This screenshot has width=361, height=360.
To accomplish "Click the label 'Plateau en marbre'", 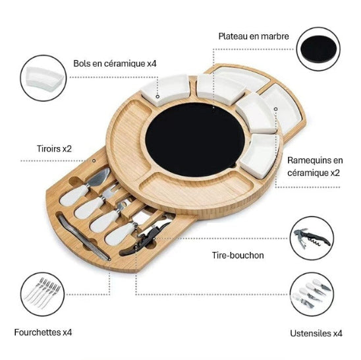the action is tap(254, 36).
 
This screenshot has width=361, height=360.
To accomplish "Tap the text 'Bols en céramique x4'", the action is tap(115, 63).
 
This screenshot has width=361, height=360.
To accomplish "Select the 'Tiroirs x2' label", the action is tap(54, 148).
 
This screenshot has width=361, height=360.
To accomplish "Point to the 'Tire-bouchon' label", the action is tap(238, 255).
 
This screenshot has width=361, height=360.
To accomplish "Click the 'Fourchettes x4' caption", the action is tap(43, 332).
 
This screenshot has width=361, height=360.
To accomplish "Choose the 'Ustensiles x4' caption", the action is tap(316, 333).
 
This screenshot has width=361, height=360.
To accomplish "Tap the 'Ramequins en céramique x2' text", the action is tap(315, 166).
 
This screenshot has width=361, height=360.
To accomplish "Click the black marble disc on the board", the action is tap(195, 139).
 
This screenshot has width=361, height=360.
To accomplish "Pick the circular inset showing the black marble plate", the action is tap(318, 49).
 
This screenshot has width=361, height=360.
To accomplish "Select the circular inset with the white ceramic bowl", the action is tap(43, 78).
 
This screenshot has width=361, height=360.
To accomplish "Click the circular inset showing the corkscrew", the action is tap(312, 238).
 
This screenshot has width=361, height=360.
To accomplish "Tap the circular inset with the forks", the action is tap(43, 294).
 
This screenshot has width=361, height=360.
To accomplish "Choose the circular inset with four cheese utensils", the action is tap(312, 294).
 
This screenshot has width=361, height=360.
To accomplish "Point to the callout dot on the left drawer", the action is tap(94, 160).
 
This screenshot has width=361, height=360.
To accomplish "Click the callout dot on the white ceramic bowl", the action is tap(157, 96).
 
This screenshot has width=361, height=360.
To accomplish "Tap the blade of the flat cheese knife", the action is tap(99, 177).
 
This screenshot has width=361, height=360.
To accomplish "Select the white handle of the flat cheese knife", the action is tap(73, 196).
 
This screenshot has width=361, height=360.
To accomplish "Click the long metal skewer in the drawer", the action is tap(84, 238).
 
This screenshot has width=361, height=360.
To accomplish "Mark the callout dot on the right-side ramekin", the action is tap(275, 109).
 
